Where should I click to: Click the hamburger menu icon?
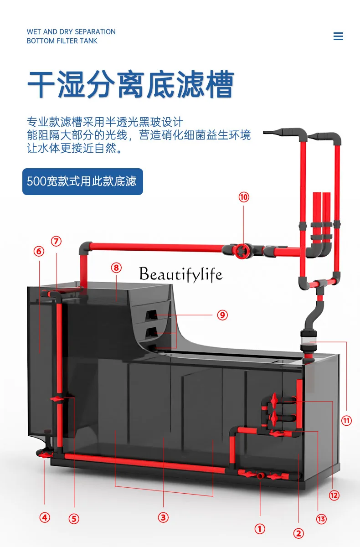[338, 36]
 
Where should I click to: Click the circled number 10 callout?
[244, 197]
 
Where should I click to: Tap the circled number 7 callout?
[56, 242]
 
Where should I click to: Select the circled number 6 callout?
[39, 251]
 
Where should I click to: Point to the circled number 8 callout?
[116, 268]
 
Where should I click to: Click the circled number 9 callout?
[222, 315]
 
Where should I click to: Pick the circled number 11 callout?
[347, 420]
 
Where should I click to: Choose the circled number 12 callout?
[334, 495]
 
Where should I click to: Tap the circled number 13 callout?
[321, 519]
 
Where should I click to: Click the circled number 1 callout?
[259, 529]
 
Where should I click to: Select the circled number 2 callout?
[298, 533]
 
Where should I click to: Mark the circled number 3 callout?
[163, 517]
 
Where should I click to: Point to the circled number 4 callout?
[44, 517]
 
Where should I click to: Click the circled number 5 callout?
[74, 518]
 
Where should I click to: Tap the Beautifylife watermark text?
[181, 274]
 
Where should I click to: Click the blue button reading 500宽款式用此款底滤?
[82, 181]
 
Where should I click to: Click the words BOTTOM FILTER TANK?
[62, 41]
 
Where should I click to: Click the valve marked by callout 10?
[242, 249]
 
